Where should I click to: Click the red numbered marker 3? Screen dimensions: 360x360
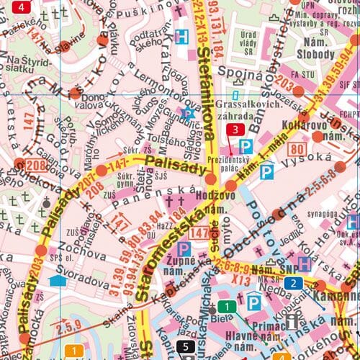[235, 130]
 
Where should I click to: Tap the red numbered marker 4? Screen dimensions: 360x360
[22, 8]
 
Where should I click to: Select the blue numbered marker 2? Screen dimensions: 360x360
[293, 283]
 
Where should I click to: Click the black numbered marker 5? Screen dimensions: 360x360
[185, 348]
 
